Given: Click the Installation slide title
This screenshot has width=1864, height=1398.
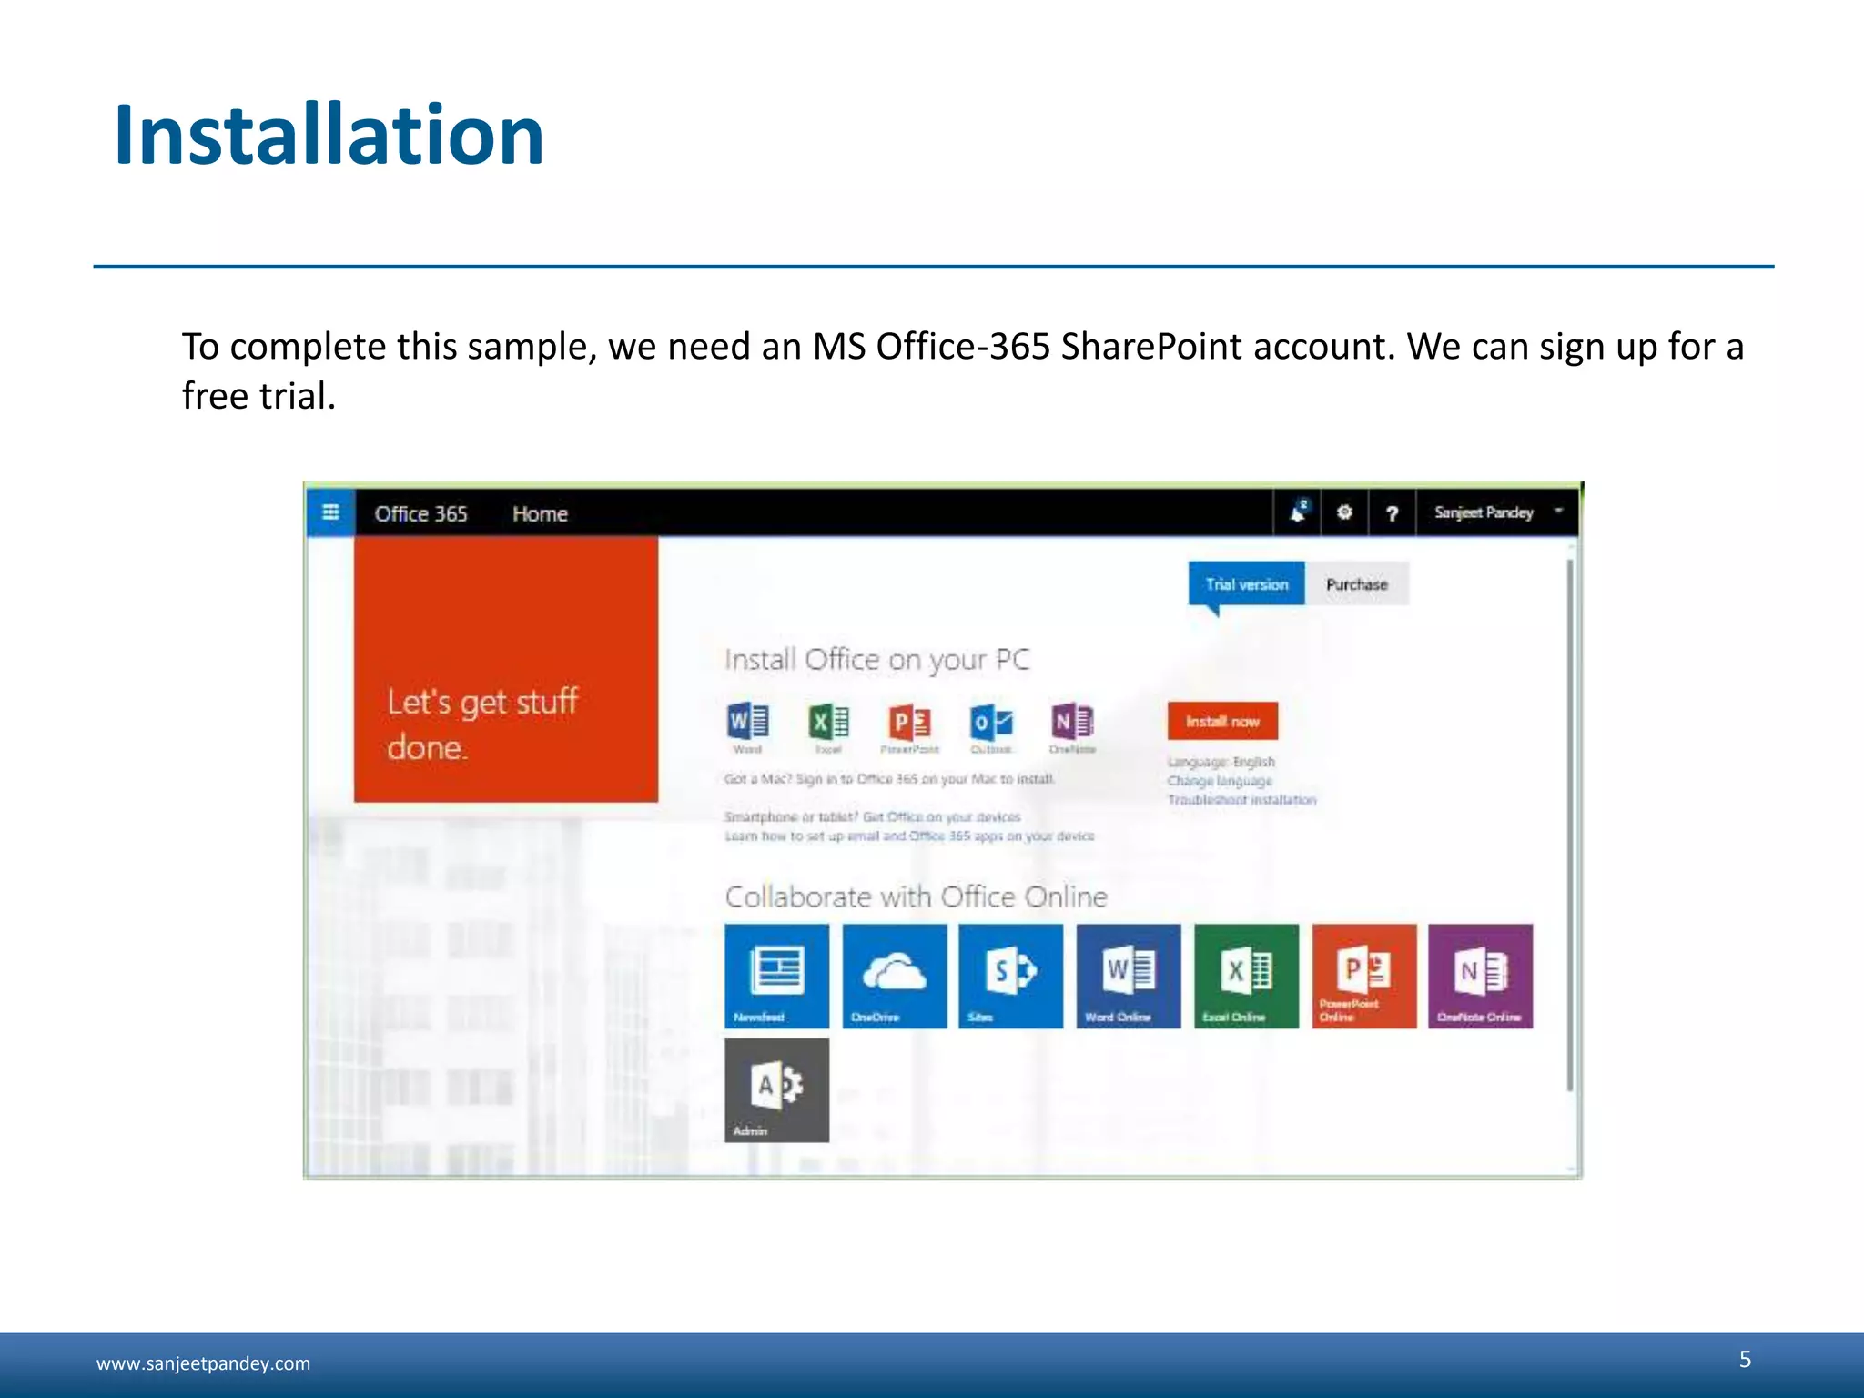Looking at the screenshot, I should point(329,136).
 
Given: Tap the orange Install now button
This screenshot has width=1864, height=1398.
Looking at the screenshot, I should point(1222,721).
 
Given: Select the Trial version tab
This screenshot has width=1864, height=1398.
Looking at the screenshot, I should point(1246,584).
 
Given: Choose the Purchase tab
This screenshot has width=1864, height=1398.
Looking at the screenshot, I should point(1356,584).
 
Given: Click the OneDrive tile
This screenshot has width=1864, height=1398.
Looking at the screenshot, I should point(894,976).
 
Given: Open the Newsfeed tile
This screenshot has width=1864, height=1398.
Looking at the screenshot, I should point(776,976).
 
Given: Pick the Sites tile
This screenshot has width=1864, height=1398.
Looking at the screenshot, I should point(1010,976).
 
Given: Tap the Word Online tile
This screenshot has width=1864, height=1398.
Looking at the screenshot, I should point(1128,976).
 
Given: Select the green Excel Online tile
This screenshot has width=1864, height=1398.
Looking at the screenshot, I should point(1246,976).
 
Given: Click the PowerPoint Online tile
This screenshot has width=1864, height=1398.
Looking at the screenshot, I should point(1363,976).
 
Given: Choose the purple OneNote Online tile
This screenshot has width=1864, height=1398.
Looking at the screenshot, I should point(1480,976).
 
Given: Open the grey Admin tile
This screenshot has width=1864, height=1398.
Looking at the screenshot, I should point(776,1089).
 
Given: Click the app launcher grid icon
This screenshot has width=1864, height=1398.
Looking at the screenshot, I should point(330,512).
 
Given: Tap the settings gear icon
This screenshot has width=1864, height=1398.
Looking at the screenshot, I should point(1344,512).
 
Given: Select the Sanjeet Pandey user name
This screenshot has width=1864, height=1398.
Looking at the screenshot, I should point(1484,512).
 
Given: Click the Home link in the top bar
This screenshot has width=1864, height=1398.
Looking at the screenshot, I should point(540,514).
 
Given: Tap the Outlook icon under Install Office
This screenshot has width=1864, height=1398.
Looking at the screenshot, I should point(991,723).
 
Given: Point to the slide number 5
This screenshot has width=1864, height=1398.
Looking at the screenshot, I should point(1745,1359).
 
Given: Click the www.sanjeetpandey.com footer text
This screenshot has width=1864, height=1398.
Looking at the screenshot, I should point(203,1363).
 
